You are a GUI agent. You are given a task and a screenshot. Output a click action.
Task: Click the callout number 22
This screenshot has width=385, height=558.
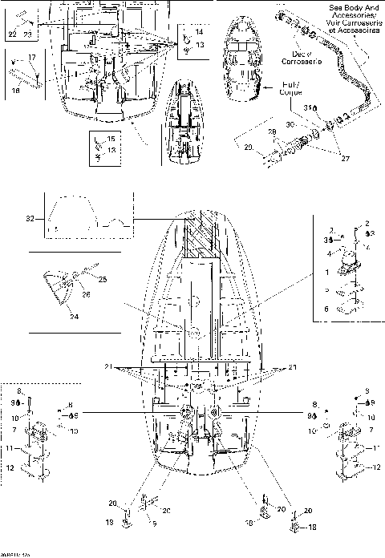pos(12,36)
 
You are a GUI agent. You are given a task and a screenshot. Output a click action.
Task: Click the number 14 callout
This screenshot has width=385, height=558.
pos(199,31)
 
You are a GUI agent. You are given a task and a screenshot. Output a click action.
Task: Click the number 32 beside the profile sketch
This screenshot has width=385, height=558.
pos(30,217)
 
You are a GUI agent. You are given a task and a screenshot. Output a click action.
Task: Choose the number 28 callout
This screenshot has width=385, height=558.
pos(270,131)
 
